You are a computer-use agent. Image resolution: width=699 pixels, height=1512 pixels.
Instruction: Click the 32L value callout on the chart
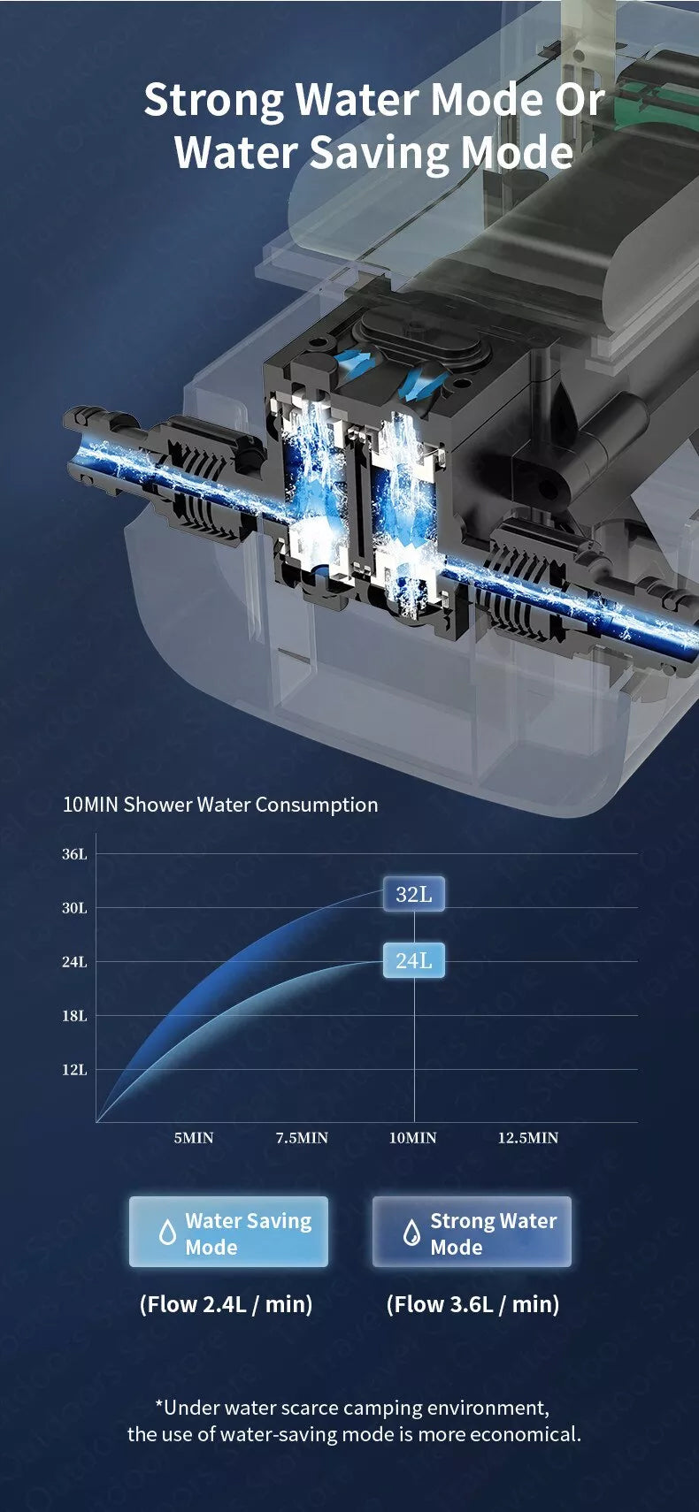(x=413, y=894)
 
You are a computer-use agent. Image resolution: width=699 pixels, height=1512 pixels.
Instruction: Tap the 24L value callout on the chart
(x=413, y=960)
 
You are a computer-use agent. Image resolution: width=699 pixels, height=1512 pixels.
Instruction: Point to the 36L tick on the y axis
(x=75, y=854)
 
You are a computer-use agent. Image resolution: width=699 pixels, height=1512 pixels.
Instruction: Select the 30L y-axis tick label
(x=75, y=908)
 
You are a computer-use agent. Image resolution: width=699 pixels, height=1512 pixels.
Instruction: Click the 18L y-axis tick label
(x=75, y=1016)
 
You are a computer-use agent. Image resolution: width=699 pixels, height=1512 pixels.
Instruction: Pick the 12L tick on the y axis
(x=75, y=1070)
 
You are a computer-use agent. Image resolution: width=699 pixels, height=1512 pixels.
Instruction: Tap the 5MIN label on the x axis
(x=194, y=1138)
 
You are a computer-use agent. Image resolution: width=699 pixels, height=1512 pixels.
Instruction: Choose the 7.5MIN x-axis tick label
(x=302, y=1138)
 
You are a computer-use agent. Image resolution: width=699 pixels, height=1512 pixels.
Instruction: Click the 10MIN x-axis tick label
(x=412, y=1138)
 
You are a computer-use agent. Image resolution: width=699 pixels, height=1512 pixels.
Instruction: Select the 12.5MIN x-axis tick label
(x=528, y=1138)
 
